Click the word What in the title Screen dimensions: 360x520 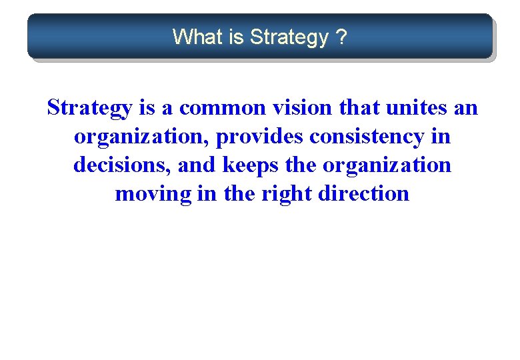pos(198,37)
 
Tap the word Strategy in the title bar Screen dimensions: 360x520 pos(289,37)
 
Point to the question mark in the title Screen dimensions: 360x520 pos(341,37)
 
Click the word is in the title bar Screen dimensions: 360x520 pos(237,37)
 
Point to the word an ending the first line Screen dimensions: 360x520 pos(465,108)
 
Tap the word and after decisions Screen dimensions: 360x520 pos(197,165)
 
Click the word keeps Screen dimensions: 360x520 pos(248,165)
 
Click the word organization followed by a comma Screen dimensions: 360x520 pos(141,137)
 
